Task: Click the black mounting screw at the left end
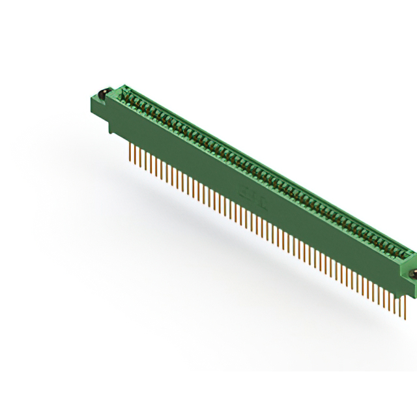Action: coord(102,93)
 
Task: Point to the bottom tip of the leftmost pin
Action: coord(130,160)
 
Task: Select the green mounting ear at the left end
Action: coord(99,104)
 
